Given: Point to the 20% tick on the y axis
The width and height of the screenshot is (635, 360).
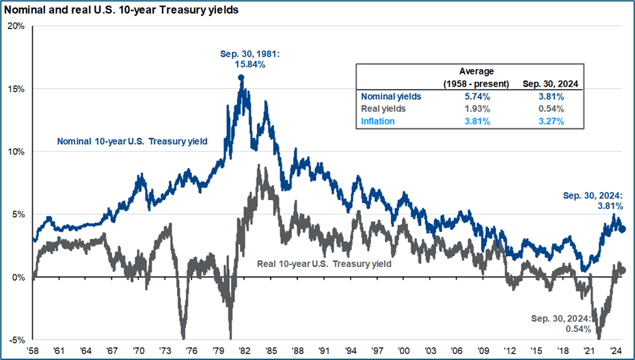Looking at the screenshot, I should tap(16, 26).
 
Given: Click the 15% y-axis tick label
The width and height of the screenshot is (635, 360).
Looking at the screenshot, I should tap(16, 89).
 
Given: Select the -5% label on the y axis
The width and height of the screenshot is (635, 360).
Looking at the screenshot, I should tap(16, 340).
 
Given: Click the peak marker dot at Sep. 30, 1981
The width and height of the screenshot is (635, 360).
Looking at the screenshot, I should tap(241, 78).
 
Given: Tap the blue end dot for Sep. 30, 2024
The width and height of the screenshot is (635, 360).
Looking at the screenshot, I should tap(622, 229).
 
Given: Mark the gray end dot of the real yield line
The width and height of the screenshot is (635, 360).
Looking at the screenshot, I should tap(622, 271).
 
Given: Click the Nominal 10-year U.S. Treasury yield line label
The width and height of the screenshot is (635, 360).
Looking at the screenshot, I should tap(131, 141).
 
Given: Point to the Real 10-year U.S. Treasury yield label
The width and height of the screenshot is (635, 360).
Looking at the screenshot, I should tap(323, 263).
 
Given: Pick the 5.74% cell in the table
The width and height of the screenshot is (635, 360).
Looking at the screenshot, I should tap(475, 96).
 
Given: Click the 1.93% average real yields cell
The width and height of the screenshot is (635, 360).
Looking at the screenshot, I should tap(475, 109).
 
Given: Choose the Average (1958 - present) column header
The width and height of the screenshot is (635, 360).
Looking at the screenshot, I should tap(475, 77).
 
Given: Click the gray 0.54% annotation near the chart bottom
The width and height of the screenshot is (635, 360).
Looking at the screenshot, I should tap(578, 330).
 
